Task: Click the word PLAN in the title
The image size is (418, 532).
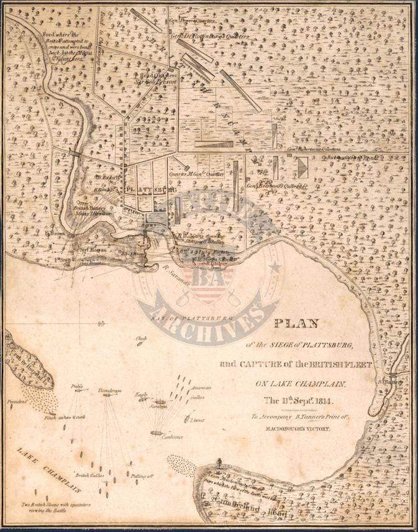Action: (296, 323)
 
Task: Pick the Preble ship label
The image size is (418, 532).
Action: (77, 387)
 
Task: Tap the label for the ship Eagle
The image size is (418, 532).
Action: (142, 394)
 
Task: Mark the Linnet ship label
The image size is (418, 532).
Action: (198, 420)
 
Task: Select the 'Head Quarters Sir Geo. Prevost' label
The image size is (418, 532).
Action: (153, 78)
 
